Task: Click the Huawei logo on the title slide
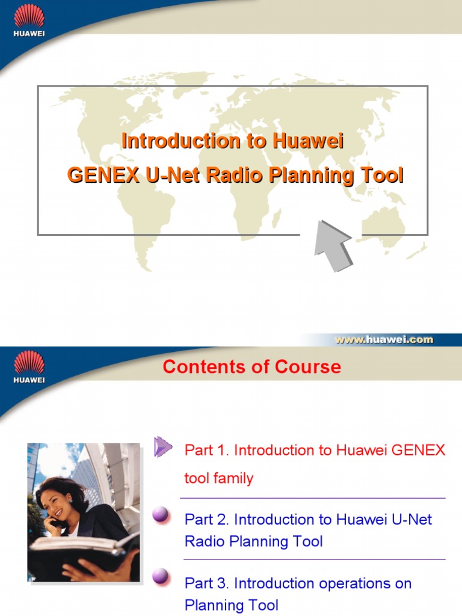29,20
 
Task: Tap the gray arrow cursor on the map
333,246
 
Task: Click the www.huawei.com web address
384,339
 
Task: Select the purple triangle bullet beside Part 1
162,447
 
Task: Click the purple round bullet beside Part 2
160,514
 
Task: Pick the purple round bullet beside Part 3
160,577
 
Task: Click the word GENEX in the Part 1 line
422,450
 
